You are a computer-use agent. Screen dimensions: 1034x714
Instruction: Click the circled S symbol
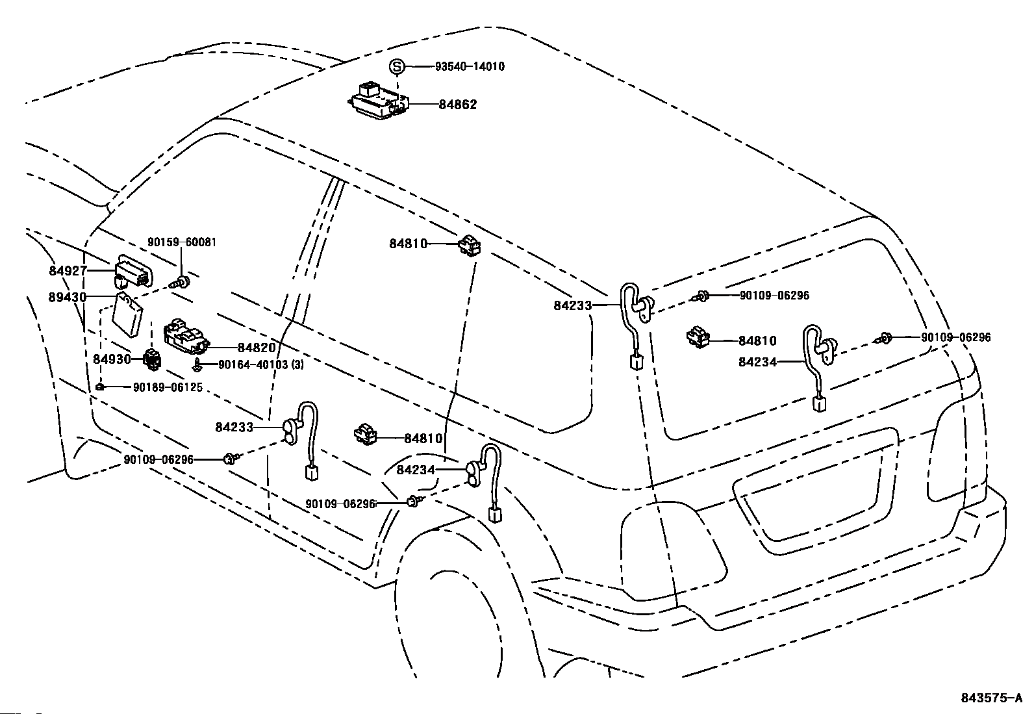(x=397, y=67)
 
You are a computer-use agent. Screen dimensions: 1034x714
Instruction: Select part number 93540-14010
(x=470, y=67)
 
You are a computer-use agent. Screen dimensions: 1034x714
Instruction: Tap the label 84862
(x=457, y=105)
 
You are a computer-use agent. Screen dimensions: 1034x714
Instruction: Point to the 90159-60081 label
(x=182, y=242)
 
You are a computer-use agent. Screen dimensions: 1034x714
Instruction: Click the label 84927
(x=68, y=271)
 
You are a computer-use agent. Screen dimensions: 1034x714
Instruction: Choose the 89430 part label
(x=68, y=297)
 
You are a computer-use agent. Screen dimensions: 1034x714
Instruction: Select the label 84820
(x=257, y=348)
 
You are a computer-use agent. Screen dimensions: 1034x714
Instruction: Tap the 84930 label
(x=112, y=359)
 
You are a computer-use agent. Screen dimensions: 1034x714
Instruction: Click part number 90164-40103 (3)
(x=261, y=365)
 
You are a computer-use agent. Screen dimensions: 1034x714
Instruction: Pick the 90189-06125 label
(x=168, y=387)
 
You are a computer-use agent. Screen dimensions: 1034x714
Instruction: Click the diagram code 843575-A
(x=992, y=698)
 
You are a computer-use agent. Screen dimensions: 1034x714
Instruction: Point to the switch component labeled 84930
(x=152, y=360)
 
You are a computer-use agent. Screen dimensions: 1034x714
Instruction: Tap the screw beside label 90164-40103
(x=197, y=365)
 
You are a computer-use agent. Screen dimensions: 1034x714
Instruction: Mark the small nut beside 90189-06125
(x=100, y=387)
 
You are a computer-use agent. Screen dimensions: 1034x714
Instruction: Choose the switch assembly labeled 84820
(x=186, y=335)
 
